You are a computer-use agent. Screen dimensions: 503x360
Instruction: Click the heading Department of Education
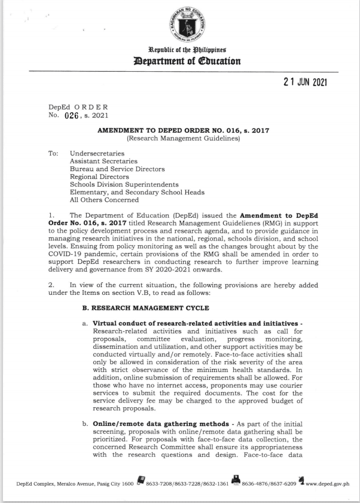click(180, 60)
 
